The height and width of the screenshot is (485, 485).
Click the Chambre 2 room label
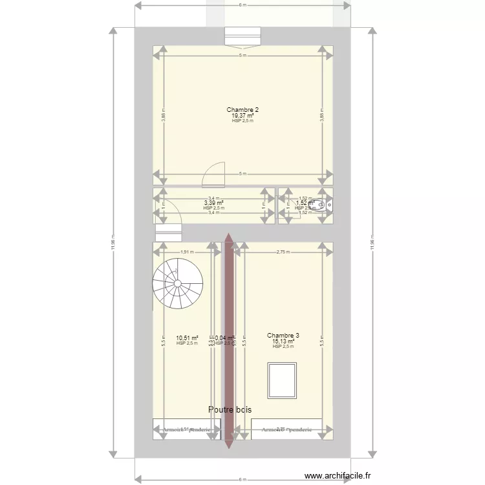point(242,110)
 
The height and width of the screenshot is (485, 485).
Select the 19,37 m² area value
point(242,116)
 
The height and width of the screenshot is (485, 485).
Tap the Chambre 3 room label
point(283,335)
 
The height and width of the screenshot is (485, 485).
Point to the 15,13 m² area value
point(283,341)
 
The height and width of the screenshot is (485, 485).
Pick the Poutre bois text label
point(230,409)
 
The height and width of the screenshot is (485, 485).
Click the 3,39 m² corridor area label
point(213,203)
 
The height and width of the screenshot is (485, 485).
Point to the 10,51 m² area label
point(186,338)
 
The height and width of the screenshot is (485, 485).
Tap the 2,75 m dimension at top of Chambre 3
point(283,252)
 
